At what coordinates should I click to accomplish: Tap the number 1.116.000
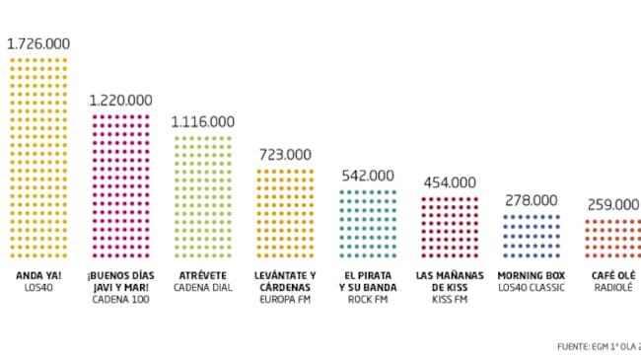[203, 121]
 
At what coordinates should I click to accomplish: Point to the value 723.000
[285, 154]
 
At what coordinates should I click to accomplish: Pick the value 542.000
[368, 176]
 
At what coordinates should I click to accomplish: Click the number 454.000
[450, 182]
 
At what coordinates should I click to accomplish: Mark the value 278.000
[532, 200]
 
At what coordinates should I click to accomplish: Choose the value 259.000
[612, 205]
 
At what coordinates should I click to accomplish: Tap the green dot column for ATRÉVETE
[203, 194]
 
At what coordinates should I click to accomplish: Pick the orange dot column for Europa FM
[285, 211]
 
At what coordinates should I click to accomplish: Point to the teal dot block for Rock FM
[368, 222]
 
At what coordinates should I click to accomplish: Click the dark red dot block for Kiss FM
[450, 226]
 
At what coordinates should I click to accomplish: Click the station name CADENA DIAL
[202, 287]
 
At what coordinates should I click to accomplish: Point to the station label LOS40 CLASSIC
[532, 287]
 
